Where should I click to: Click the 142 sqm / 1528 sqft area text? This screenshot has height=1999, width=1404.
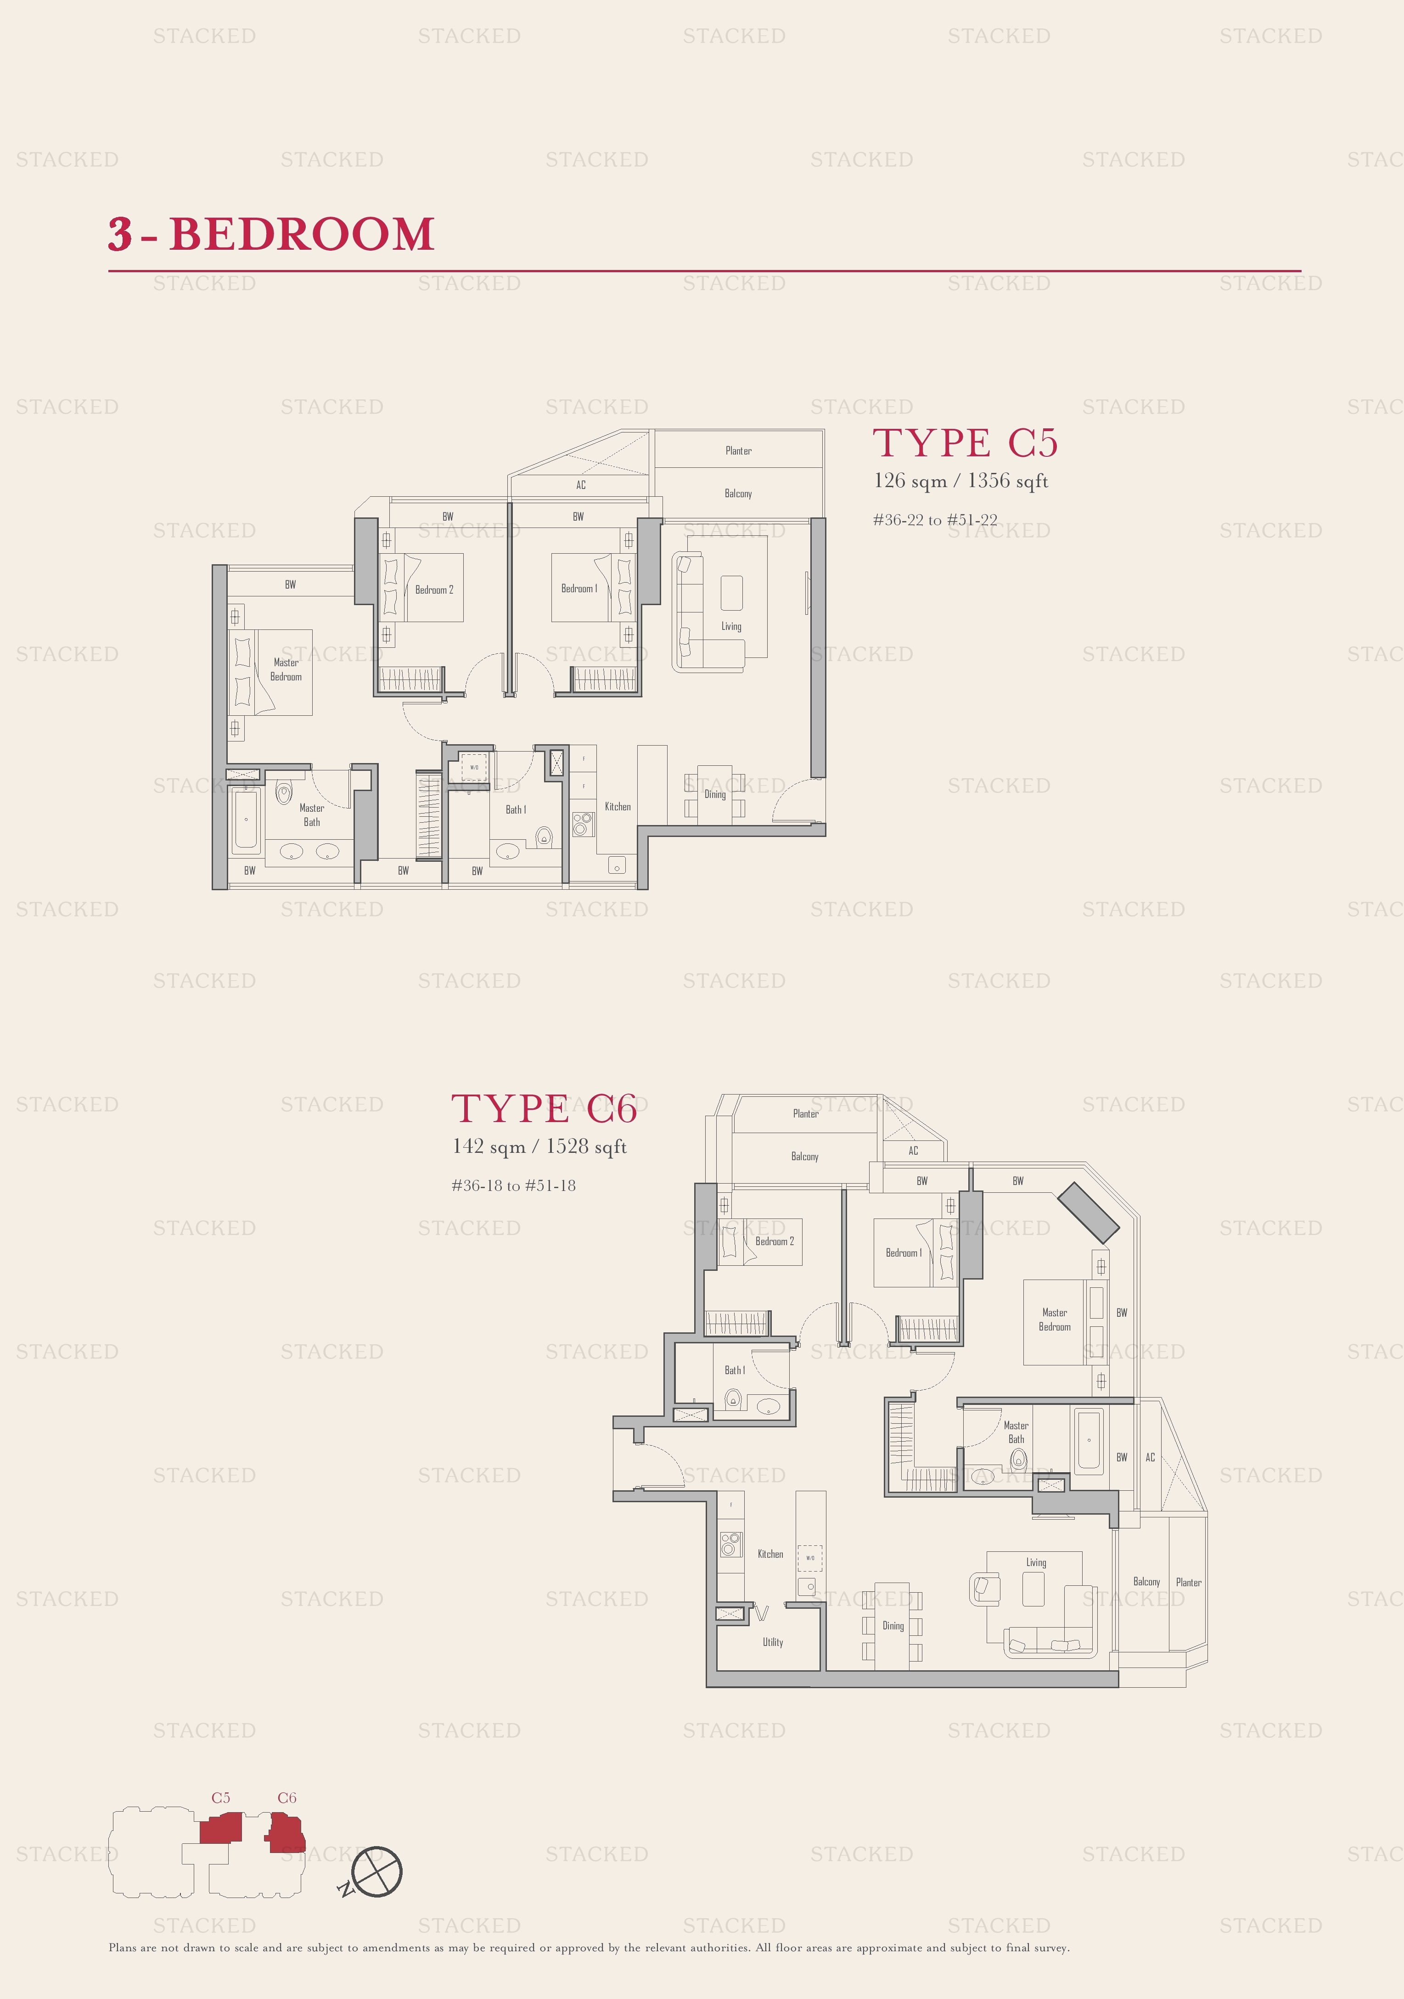tap(539, 1146)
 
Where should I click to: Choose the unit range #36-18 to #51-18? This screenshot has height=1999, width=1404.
tap(514, 1186)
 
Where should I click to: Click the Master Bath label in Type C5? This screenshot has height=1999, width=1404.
tap(312, 815)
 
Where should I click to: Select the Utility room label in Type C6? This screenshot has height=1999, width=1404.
tap(773, 1642)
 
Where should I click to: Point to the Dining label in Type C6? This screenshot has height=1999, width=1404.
tap(893, 1625)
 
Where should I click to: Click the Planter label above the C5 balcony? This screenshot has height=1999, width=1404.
tap(738, 451)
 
